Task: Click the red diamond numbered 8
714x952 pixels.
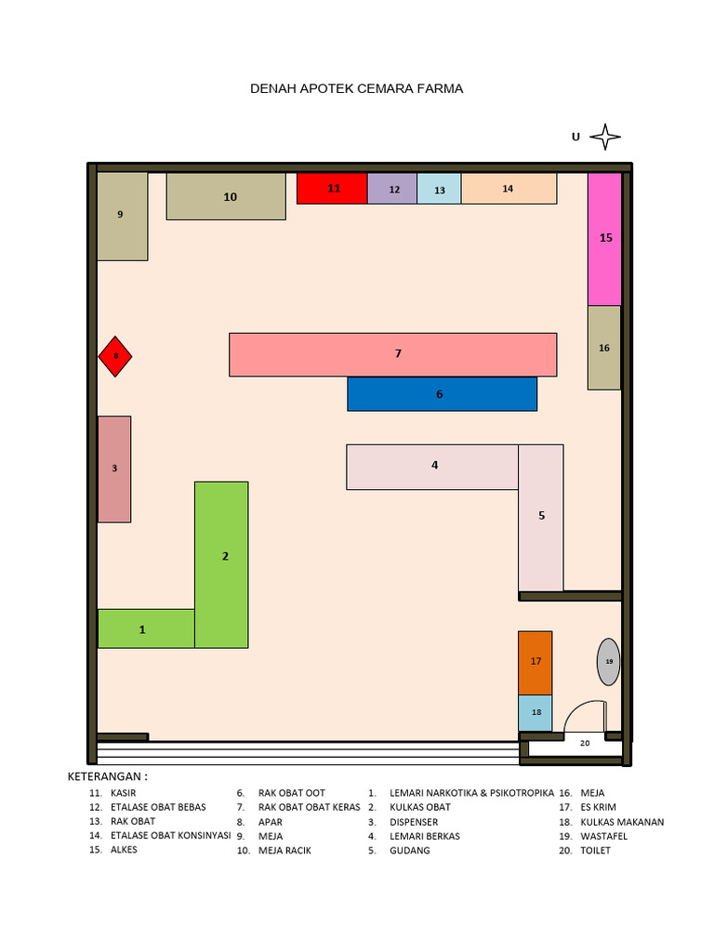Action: [x=115, y=356]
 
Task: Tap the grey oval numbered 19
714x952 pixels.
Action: [x=609, y=662]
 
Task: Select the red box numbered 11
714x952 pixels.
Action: [x=332, y=188]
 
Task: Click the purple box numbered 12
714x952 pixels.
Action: [x=392, y=188]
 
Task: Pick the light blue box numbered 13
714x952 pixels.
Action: [x=439, y=188]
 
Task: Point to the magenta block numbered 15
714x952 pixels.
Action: [x=604, y=239]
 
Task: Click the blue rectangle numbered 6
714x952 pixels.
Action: [x=442, y=394]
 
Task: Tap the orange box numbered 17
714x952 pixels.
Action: [x=535, y=663]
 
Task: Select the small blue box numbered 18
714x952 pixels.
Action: [x=535, y=713]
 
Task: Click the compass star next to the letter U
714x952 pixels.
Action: [x=605, y=137]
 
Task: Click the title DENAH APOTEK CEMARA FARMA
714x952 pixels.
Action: [x=356, y=88]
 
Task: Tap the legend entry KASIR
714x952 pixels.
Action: [x=124, y=793]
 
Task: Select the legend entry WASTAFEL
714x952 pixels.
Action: [x=604, y=836]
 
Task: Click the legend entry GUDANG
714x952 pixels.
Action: [x=410, y=851]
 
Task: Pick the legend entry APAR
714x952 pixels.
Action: [x=271, y=822]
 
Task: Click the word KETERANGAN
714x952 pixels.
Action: [x=104, y=776]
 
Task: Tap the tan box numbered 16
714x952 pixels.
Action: [x=604, y=348]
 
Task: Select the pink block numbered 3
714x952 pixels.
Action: [x=114, y=469]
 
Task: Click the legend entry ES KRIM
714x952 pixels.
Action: [x=598, y=808]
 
